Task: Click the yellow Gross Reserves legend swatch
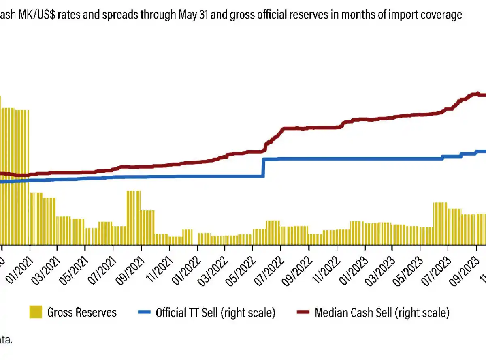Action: click(x=36, y=312)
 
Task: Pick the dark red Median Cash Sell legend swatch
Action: click(x=303, y=312)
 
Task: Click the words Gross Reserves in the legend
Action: click(x=82, y=312)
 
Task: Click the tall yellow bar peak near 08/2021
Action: click(x=133, y=191)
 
